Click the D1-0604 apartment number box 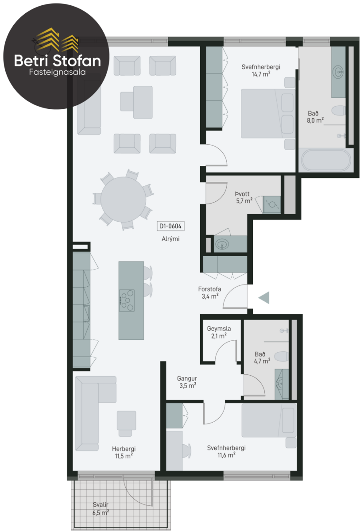click(x=170, y=226)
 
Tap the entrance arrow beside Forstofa click(x=264, y=297)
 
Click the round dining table click(x=123, y=200)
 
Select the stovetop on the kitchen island click(x=127, y=300)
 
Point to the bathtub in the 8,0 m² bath click(x=326, y=160)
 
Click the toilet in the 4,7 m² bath click(x=282, y=356)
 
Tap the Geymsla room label click(x=219, y=328)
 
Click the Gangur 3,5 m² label click(x=187, y=382)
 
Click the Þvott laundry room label click(x=242, y=194)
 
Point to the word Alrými click(x=170, y=239)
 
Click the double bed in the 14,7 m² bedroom click(x=268, y=113)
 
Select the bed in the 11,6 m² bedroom click(x=269, y=420)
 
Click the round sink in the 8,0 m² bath click(x=338, y=71)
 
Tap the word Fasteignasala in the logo click(x=57, y=72)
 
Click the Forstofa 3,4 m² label click(x=209, y=292)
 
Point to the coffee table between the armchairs click(x=136, y=102)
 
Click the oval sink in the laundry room click(x=222, y=244)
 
